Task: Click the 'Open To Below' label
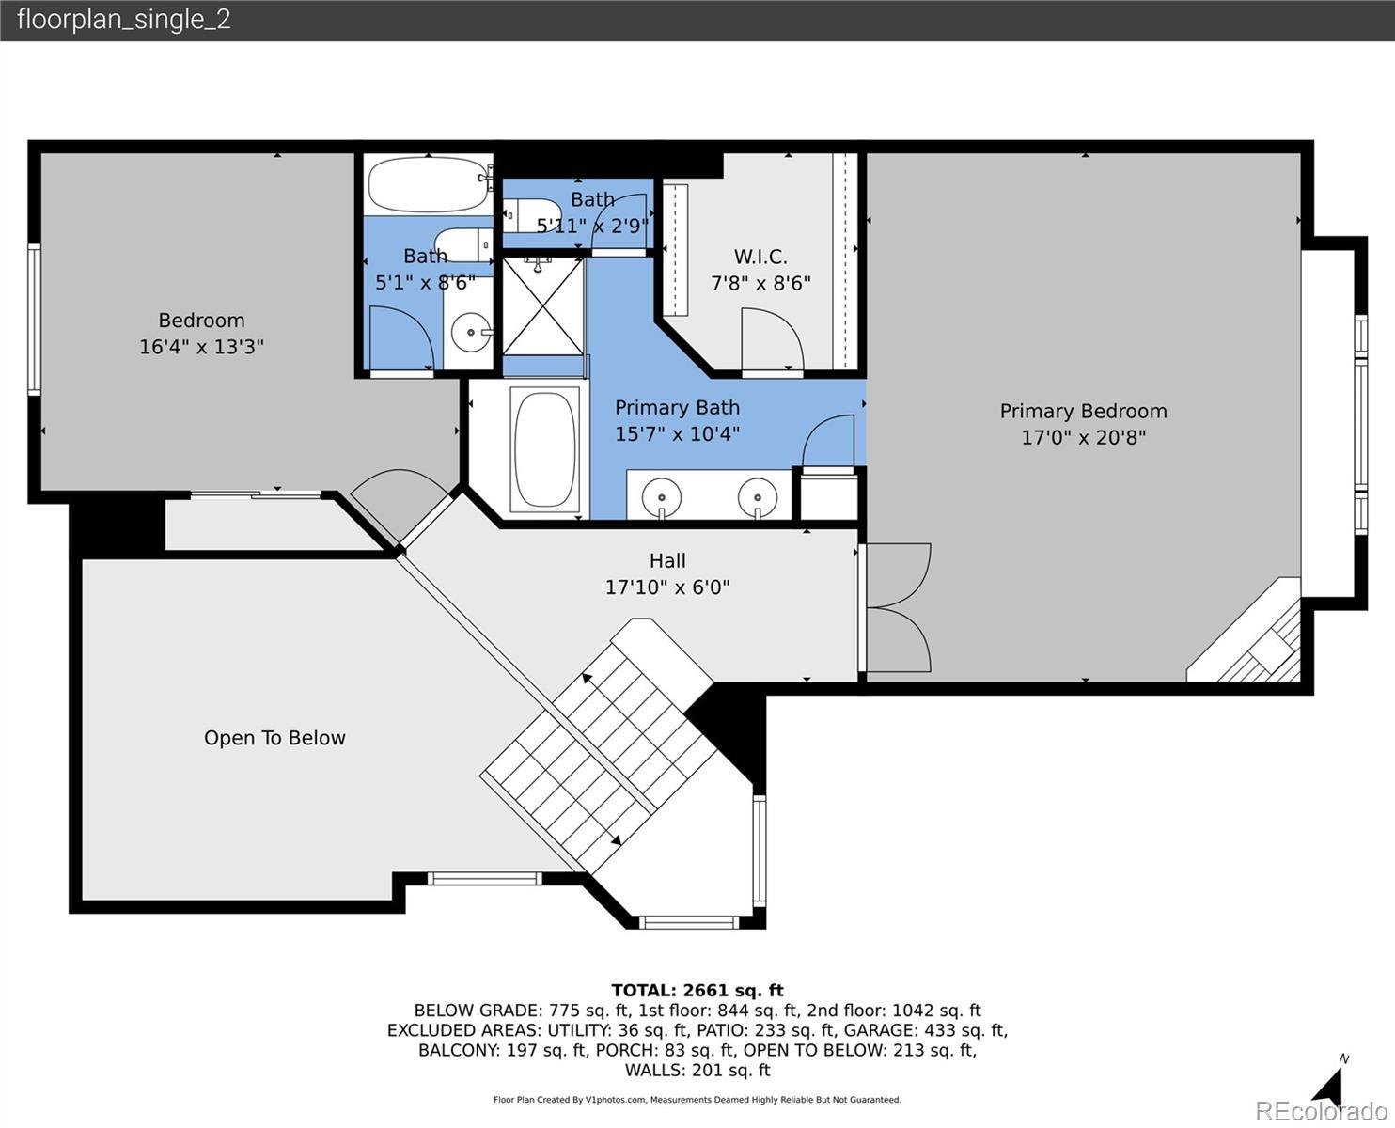coord(274,738)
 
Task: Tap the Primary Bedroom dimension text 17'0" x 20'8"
coord(1083,437)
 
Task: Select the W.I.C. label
coord(760,256)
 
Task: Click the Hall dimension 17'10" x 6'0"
coord(667,587)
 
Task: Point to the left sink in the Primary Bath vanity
coord(662,497)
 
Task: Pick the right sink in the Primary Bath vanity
coord(757,497)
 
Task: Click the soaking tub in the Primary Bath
coord(545,449)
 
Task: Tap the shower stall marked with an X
coord(543,306)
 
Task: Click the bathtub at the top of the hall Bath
coord(429,184)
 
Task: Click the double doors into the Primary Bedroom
coord(895,607)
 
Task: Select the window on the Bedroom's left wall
coord(34,320)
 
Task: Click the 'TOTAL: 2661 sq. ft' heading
coord(697,990)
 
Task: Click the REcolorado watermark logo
coord(1321,1111)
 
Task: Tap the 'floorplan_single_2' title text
coord(124,20)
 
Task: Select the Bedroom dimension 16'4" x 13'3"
coord(202,346)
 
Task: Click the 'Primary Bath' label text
coord(677,407)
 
